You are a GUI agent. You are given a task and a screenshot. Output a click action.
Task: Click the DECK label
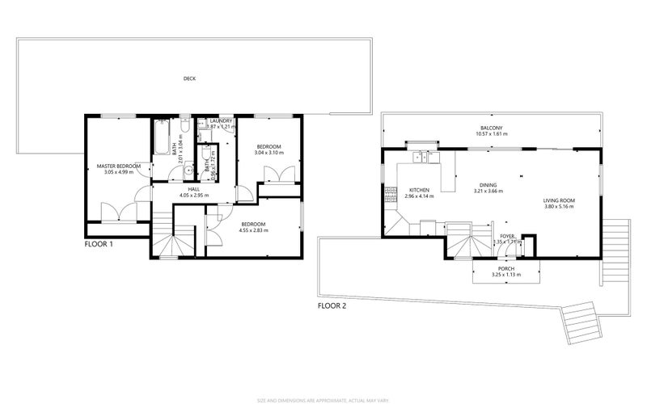click(x=189, y=78)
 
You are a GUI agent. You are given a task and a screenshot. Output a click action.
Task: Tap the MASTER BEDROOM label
click(x=118, y=166)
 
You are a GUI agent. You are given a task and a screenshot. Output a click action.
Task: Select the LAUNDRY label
click(x=221, y=121)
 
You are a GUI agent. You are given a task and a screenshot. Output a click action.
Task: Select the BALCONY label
click(x=492, y=128)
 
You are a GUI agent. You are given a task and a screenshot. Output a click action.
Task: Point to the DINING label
click(x=488, y=184)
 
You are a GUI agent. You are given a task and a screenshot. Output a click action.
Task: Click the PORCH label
click(x=506, y=268)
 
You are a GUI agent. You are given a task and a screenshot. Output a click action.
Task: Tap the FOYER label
click(x=507, y=235)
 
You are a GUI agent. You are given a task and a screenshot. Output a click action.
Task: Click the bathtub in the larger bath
click(x=163, y=140)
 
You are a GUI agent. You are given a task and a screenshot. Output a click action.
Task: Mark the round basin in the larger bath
click(x=188, y=169)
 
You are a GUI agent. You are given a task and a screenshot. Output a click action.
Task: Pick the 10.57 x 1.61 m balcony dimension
click(x=492, y=135)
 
